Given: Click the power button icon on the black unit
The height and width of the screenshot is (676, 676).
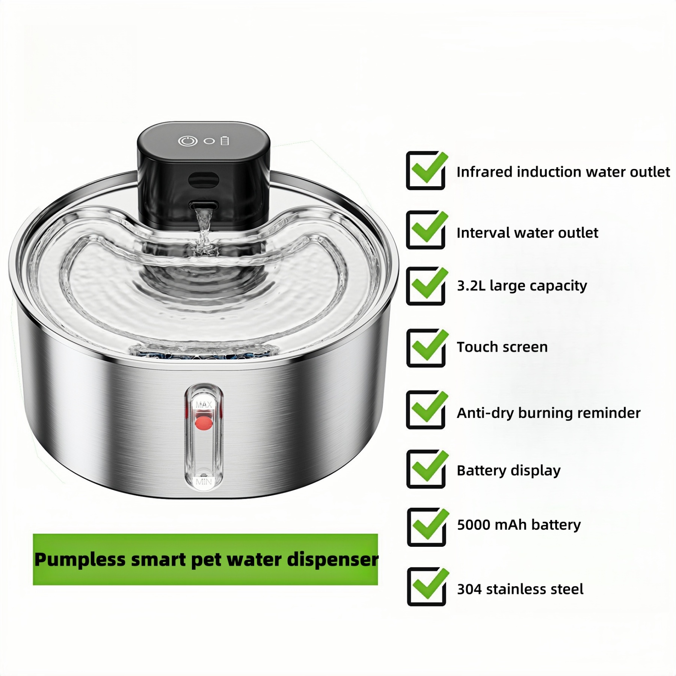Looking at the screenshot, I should coord(188,141).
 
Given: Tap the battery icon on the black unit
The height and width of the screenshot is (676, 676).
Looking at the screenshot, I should coord(225,141).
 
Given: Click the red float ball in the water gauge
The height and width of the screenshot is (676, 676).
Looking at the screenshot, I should coord(204,423).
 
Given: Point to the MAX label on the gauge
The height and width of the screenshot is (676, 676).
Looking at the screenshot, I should coord(204,404).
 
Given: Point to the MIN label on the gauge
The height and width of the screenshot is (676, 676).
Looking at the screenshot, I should coord(204,481).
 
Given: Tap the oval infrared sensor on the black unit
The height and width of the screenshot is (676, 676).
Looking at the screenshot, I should coord(203,180).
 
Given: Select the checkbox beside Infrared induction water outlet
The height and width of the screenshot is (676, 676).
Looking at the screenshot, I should coord(426,171).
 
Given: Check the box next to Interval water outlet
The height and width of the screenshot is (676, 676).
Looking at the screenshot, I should coord(426,230).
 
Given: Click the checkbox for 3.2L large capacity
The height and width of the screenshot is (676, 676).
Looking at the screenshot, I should coord(426,286).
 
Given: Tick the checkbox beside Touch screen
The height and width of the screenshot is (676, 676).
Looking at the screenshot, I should coord(426,348).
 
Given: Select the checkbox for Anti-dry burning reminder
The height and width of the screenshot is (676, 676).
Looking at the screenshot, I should coord(426,410).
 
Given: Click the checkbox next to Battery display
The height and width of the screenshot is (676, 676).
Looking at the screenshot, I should coord(426,469).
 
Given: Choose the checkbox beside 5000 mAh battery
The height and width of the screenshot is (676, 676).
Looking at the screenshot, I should coord(426,527).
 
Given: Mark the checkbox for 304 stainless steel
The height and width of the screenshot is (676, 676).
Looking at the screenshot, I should coord(426,587).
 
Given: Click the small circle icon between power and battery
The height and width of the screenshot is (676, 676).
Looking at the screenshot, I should coord(209,141).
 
